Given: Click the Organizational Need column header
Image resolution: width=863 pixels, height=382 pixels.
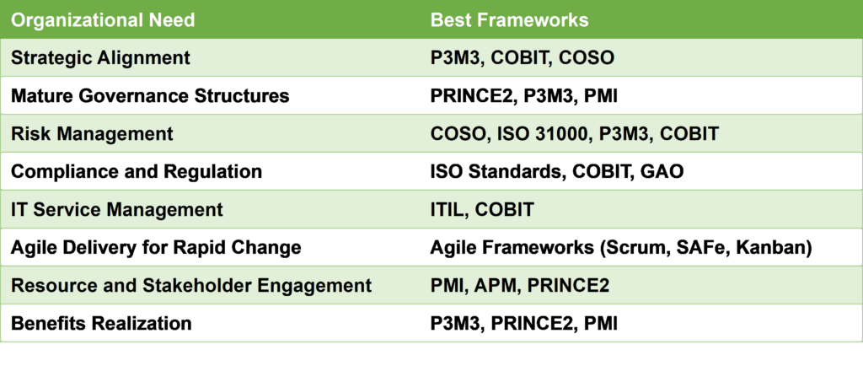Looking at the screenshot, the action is click(x=103, y=19).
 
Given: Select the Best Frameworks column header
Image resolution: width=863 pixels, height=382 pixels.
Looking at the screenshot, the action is click(x=509, y=19).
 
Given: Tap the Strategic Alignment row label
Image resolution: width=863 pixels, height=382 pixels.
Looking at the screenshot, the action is click(x=101, y=58).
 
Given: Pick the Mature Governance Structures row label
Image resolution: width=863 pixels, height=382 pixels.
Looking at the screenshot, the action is click(x=150, y=96).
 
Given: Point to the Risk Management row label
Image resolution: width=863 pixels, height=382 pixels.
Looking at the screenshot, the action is click(x=92, y=134).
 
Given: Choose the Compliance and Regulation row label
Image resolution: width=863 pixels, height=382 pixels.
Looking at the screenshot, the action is click(x=137, y=172).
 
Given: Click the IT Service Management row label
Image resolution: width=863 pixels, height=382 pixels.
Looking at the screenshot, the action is click(x=116, y=210).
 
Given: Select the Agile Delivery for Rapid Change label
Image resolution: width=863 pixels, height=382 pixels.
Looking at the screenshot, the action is click(x=156, y=248).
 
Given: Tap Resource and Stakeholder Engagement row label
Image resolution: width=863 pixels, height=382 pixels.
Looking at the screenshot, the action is click(x=191, y=286).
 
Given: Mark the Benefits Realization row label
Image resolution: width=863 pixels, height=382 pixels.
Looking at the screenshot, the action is click(x=101, y=323).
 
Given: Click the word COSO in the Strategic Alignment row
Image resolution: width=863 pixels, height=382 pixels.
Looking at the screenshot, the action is click(x=587, y=58).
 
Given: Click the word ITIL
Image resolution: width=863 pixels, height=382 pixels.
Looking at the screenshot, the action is click(x=447, y=210).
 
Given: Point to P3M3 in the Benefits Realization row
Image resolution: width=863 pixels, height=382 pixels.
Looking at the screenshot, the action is click(x=455, y=323).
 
